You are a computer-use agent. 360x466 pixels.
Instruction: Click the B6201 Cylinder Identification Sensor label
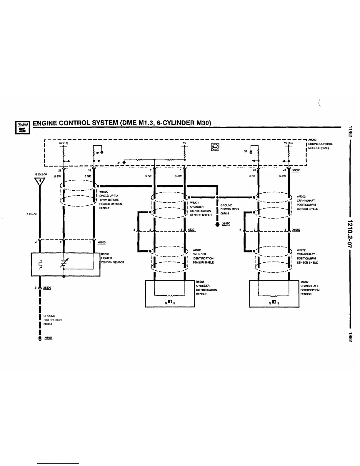tap(206, 288)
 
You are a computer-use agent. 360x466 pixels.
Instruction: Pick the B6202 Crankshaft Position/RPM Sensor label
tap(310, 288)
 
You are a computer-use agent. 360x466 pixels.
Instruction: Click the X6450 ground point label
tap(226, 223)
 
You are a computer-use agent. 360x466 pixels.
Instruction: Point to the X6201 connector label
tap(191, 229)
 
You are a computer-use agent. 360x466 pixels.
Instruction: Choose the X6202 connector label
tap(296, 229)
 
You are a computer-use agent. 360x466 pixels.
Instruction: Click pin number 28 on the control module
tap(60, 170)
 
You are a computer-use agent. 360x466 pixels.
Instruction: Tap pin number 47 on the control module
tap(284, 170)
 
